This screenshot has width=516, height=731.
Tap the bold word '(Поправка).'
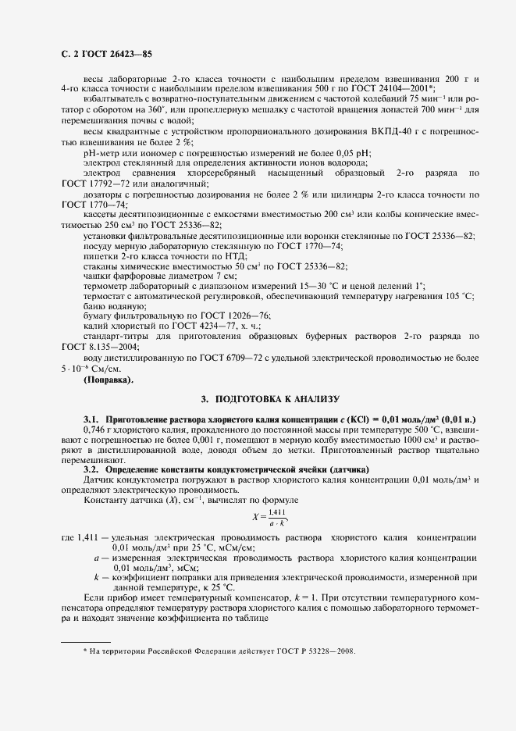coord(108,380)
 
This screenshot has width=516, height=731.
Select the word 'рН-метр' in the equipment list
coord(99,152)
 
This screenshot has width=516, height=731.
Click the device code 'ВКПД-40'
coord(368,130)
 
